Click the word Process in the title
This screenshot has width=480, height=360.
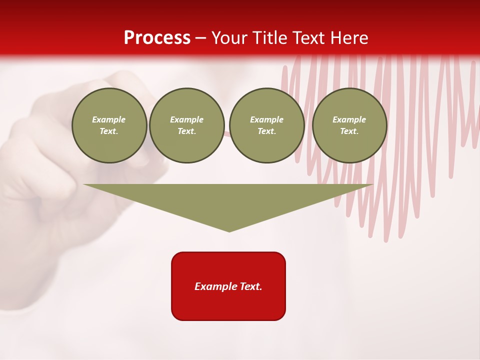tap(157, 38)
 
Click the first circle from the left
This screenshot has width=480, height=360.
tap(109, 125)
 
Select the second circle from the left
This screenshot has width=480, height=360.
tap(187, 125)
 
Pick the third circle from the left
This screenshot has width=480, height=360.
tap(267, 125)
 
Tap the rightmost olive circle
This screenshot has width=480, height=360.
tap(349, 125)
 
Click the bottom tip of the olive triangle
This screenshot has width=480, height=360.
tap(229, 230)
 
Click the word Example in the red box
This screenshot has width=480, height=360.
tap(215, 286)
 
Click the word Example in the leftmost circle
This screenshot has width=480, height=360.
tap(109, 120)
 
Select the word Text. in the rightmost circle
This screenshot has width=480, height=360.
tap(349, 131)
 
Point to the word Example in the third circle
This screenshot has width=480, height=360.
tap(267, 120)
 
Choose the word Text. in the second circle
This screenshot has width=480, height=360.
tap(187, 131)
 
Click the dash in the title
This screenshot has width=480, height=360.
tap(201, 38)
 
